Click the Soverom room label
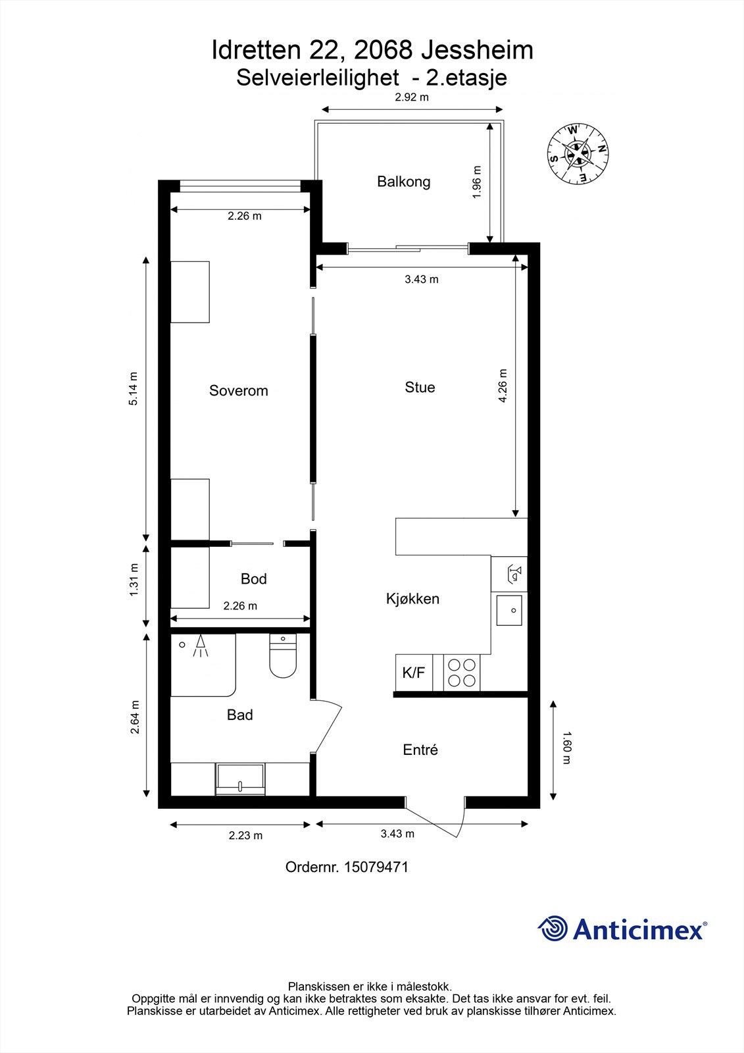[x=238, y=390]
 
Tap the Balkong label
[x=403, y=181]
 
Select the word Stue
[x=420, y=387]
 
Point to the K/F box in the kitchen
[x=414, y=673]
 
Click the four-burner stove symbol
[x=462, y=673]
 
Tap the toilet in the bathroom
[x=283, y=658]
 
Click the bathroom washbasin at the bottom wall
[x=240, y=779]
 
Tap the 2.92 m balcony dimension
[x=412, y=97]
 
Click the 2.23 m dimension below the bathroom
[x=245, y=835]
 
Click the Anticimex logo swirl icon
[x=553, y=929]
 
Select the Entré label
[x=420, y=750]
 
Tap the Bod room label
[x=253, y=578]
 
